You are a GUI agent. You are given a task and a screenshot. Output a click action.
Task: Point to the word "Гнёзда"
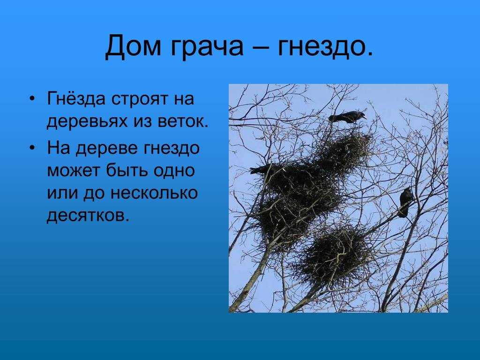[76, 99]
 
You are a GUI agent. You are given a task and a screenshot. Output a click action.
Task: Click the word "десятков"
[87, 216]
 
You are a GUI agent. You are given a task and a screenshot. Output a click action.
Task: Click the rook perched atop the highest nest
[347, 117]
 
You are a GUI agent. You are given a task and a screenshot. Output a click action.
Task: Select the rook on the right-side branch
[405, 202]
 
